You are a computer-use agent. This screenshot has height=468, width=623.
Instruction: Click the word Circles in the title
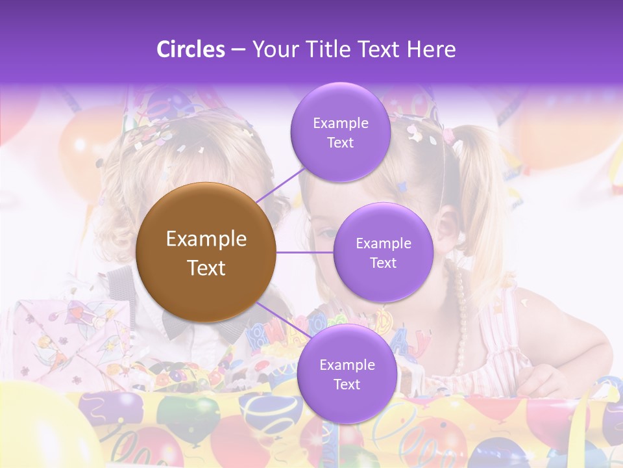190,49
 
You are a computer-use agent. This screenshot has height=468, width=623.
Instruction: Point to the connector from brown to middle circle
304,252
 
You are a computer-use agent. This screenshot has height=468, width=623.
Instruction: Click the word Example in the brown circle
206,239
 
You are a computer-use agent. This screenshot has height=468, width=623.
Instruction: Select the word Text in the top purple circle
340,143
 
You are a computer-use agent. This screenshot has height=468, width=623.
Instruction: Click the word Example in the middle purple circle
383,244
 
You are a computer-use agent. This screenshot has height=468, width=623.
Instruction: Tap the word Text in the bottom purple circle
347,384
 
